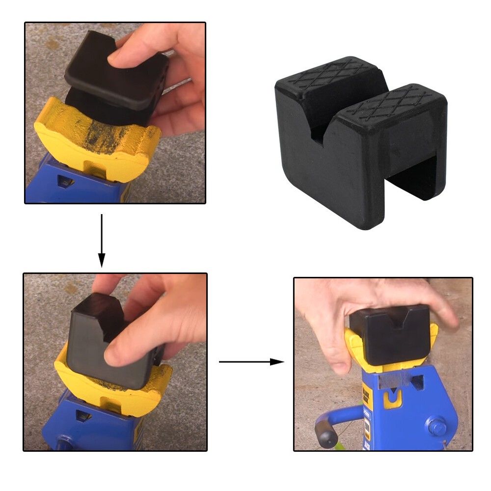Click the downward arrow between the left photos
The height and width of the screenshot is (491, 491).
click(102, 241)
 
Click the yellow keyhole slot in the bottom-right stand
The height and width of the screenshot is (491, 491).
click(392, 400)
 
